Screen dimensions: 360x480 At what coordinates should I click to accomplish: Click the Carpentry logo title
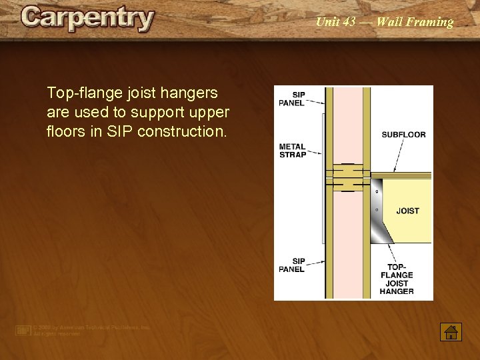click(x=87, y=19)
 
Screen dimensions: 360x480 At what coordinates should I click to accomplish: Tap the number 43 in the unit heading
click(x=349, y=22)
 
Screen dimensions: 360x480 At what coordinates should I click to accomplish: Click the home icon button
click(x=451, y=331)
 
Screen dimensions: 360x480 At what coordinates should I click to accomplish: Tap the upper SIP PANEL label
click(x=291, y=99)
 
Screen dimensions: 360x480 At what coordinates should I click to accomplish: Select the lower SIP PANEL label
click(x=291, y=265)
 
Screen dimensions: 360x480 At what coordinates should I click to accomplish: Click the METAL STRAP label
click(x=292, y=151)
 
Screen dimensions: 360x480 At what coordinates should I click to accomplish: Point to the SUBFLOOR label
click(x=403, y=135)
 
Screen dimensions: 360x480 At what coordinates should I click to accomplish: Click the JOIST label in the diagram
click(x=407, y=211)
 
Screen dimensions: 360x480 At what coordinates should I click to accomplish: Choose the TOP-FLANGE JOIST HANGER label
click(x=397, y=279)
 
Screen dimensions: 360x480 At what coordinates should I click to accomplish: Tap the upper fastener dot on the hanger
click(x=378, y=192)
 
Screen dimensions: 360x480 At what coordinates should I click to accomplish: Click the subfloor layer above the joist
click(x=400, y=176)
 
